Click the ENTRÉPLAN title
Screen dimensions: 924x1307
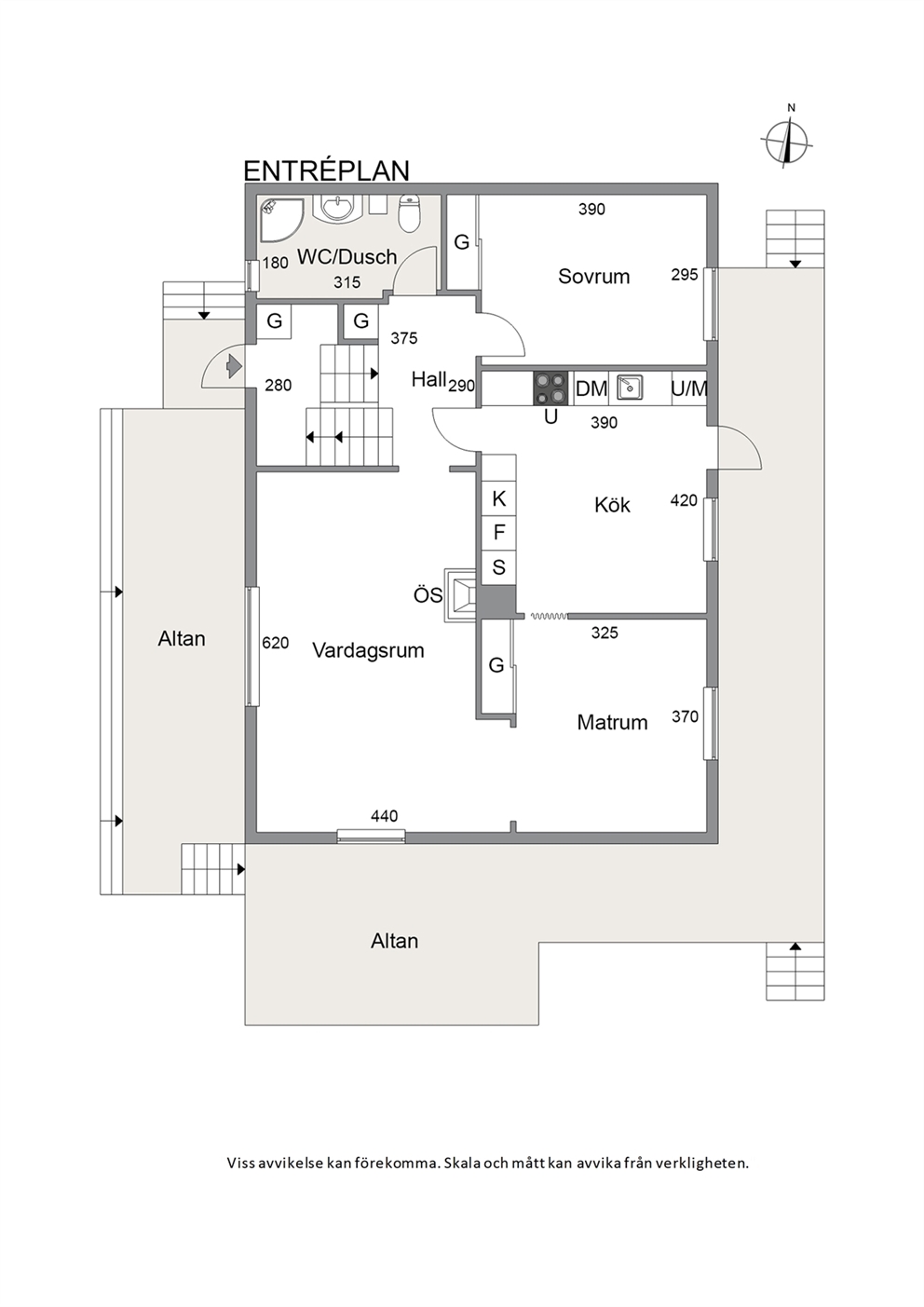(326, 170)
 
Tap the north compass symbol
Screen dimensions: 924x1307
(786, 140)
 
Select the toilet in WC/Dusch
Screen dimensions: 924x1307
(410, 212)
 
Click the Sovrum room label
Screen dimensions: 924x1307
(594, 276)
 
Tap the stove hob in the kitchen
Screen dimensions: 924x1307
(550, 388)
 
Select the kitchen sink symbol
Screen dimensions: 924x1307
(630, 387)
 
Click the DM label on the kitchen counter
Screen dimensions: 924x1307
(591, 388)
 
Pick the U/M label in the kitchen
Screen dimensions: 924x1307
(689, 388)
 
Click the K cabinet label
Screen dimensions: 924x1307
(498, 499)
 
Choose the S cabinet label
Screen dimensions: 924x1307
(498, 566)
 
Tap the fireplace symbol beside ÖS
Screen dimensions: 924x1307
(461, 595)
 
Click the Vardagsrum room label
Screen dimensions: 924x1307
(368, 650)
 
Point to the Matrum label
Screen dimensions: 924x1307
(613, 722)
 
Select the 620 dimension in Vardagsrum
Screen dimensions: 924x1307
(276, 643)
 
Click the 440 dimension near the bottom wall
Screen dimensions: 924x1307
(385, 816)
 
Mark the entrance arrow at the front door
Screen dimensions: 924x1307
(234, 366)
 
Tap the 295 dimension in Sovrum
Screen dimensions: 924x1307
(685, 274)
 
